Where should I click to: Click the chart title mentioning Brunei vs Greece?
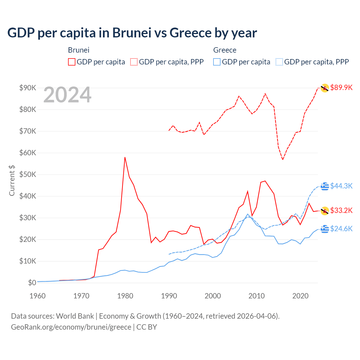pyautogui.click(x=132, y=33)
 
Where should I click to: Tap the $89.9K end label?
pyautogui.click(x=341, y=87)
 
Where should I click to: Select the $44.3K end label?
pyautogui.click(x=341, y=186)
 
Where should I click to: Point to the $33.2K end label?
pyautogui.click(x=341, y=210)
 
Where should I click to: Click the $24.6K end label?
pyautogui.click(x=341, y=229)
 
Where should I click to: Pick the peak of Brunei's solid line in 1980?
pyautogui.click(x=125, y=157)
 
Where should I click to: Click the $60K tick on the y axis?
pyautogui.click(x=28, y=153)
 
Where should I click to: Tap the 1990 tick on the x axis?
pyautogui.click(x=169, y=296)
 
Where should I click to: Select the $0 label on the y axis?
pyautogui.click(x=32, y=283)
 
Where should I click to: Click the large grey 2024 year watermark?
pyautogui.click(x=67, y=95)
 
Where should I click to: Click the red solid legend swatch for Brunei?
pyautogui.click(x=72, y=62)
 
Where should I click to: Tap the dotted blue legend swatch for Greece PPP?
pyautogui.click(x=279, y=62)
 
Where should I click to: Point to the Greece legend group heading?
pyautogui.click(x=225, y=50)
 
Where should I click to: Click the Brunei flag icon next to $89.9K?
pyautogui.click(x=325, y=88)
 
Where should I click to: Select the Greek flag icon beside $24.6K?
pyautogui.click(x=325, y=229)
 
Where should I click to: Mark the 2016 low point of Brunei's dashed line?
pyautogui.click(x=283, y=159)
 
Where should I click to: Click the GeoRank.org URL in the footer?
pyautogui.click(x=71, y=327)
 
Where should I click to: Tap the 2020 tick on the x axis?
pyautogui.click(x=300, y=296)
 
